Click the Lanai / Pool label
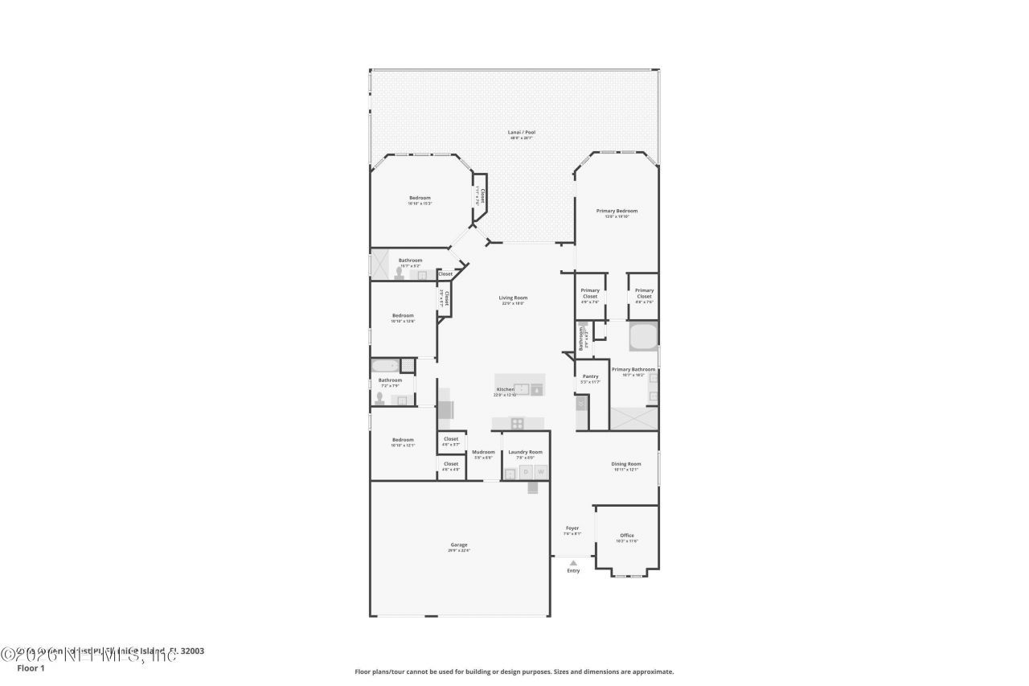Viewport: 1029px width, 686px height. [x=522, y=132]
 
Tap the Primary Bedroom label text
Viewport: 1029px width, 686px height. [x=617, y=211]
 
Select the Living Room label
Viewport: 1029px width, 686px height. [x=513, y=298]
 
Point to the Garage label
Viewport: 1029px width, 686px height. [x=459, y=544]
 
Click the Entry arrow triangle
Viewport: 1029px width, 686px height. [x=573, y=563]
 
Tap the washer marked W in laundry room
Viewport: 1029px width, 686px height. [x=541, y=472]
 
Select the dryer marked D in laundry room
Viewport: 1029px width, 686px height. [x=526, y=472]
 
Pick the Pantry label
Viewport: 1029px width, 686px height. [x=590, y=376]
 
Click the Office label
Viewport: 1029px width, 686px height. [x=627, y=535]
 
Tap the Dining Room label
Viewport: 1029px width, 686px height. [x=626, y=463]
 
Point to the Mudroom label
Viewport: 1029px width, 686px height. [x=483, y=452]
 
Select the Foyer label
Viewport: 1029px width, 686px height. [x=572, y=528]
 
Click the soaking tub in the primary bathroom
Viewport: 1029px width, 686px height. [x=643, y=336]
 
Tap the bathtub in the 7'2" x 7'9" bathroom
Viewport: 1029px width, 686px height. [x=384, y=366]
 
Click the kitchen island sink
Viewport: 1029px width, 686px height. [x=522, y=389]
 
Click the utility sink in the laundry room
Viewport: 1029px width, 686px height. [x=510, y=474]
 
